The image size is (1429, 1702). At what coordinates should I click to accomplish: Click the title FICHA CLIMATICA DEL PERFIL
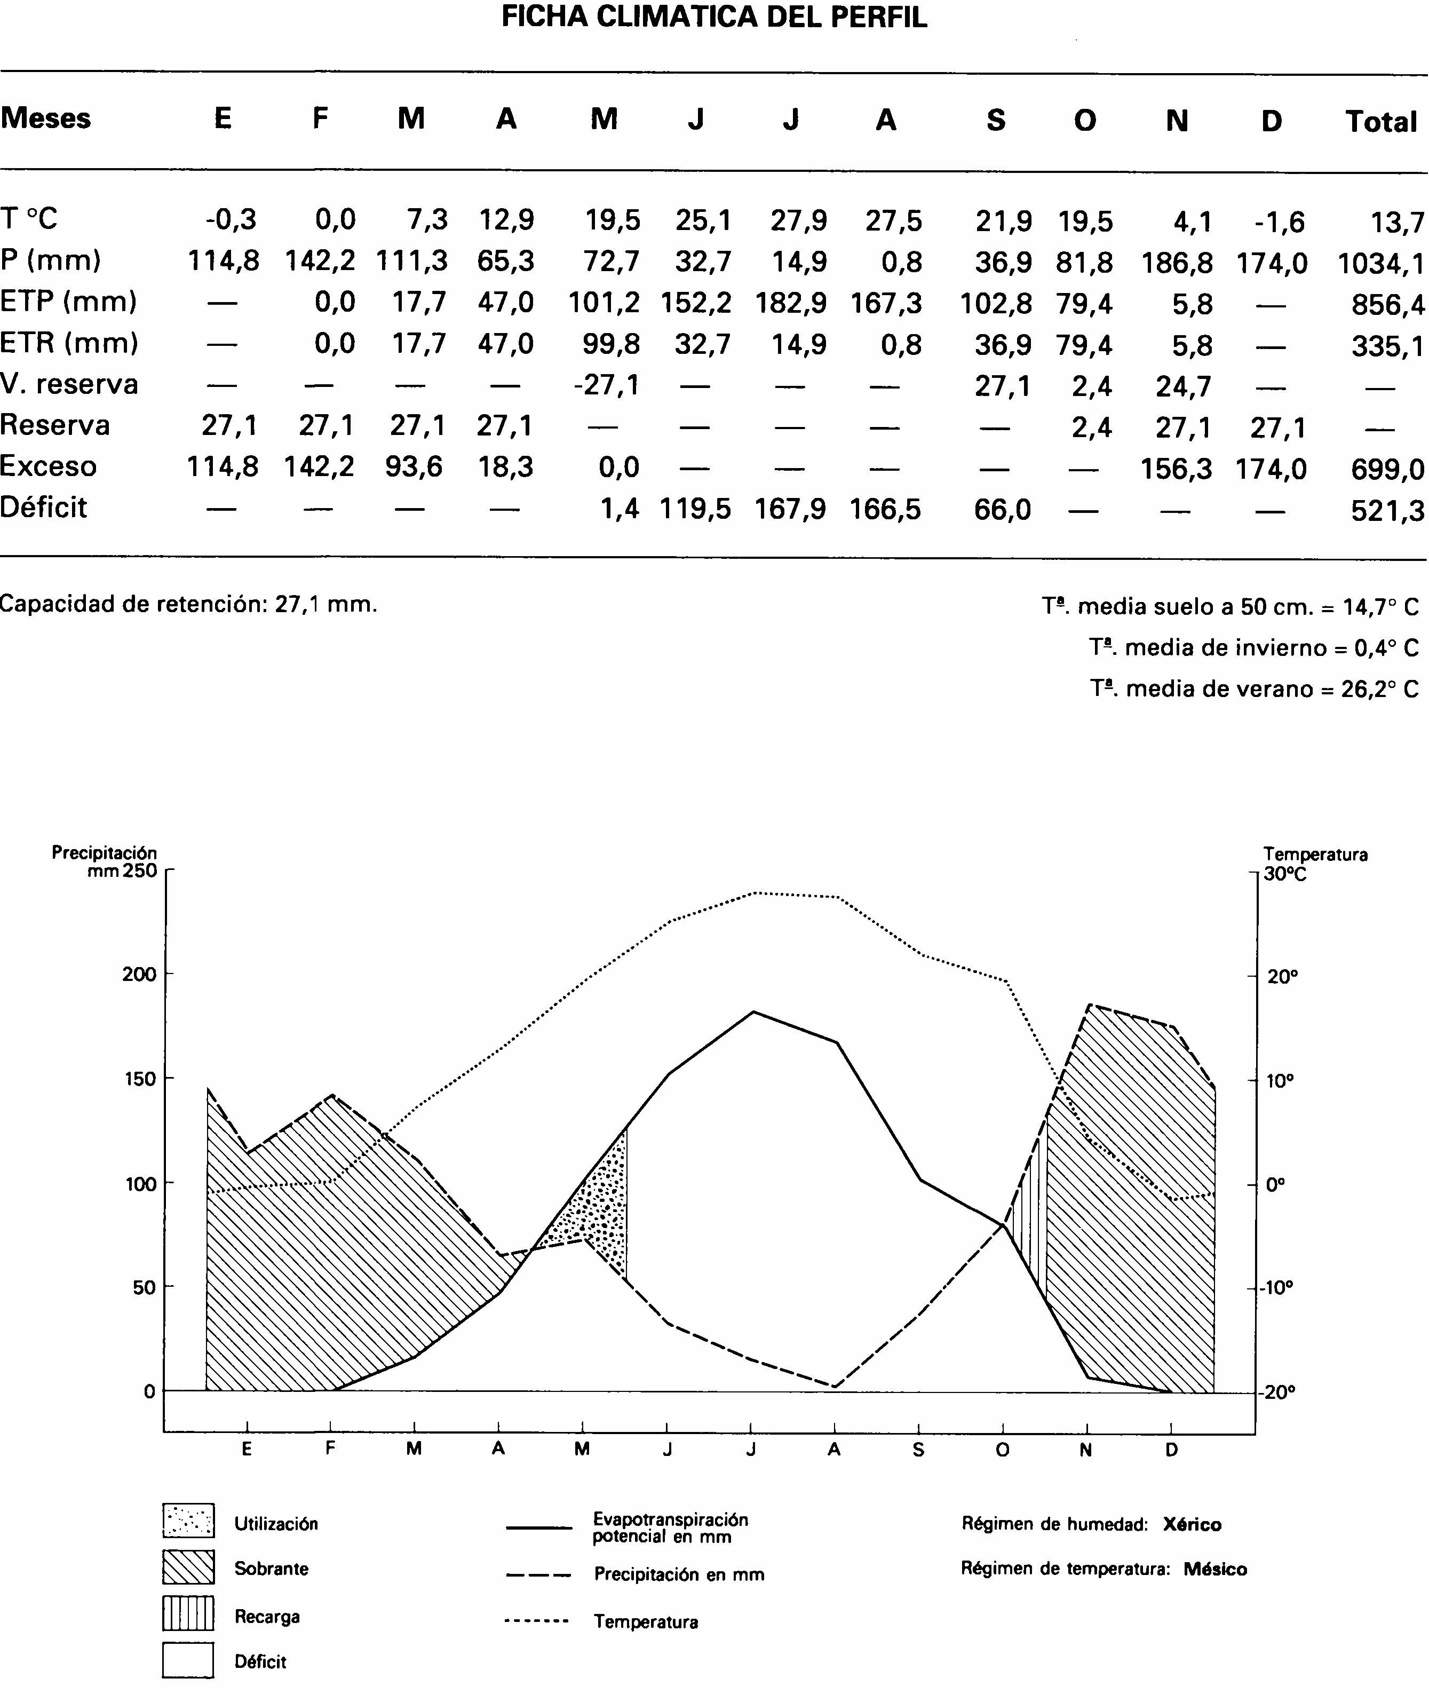point(713,17)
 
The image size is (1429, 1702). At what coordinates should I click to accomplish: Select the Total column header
point(1380,122)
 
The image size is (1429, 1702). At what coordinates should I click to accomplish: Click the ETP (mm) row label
point(68,302)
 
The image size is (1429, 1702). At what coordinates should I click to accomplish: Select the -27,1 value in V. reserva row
point(606,384)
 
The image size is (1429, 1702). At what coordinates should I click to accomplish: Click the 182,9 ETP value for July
point(790,304)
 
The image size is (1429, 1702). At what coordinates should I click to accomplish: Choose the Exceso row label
point(48,467)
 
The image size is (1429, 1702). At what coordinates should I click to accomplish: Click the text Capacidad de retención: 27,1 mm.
point(189,604)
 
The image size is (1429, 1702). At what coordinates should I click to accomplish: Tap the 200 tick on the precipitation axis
point(139,974)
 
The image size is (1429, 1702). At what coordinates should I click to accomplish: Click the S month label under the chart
point(918,1450)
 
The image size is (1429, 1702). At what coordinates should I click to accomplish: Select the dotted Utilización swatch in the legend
point(188,1521)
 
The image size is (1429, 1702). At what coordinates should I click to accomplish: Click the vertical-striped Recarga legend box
point(188,1613)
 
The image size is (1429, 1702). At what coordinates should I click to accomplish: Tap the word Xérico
point(1192,1524)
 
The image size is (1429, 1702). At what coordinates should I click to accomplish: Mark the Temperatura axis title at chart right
point(1315,854)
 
